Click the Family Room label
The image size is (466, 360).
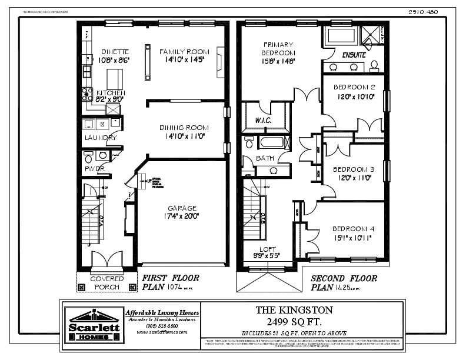click(x=185, y=52)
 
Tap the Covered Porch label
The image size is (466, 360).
click(x=106, y=283)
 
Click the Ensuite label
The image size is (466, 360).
click(x=354, y=55)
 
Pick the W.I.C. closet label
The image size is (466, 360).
click(x=262, y=121)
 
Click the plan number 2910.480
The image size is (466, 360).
click(x=424, y=12)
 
